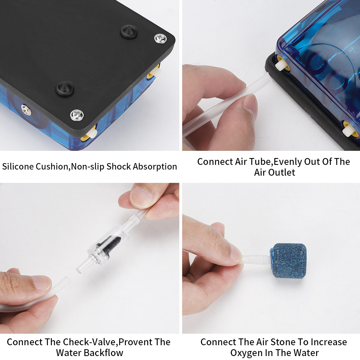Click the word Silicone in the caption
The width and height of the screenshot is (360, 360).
pos(18,166)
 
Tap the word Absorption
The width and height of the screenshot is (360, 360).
pos(155,167)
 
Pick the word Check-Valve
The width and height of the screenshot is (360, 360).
pos(90,342)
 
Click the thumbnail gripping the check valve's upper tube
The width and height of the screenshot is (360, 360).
pos(141,196)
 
